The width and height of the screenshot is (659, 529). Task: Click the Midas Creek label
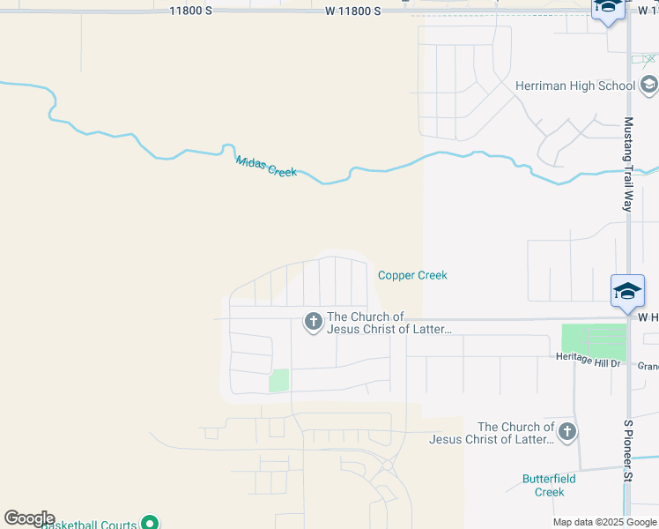pos(266,166)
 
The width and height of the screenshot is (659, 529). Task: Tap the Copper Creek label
pos(412,275)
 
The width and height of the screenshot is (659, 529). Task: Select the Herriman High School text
pos(574,86)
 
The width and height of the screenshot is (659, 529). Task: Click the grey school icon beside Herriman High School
pos(648,86)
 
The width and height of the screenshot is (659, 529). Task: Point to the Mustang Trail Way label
pos(628,164)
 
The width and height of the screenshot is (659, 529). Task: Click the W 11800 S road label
pos(352,11)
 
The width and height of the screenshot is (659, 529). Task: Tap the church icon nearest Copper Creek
pos(313,323)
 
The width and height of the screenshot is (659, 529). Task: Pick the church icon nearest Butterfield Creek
pos(567,432)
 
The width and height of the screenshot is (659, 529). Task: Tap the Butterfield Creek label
pos(549,485)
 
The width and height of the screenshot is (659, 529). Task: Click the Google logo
pos(28,518)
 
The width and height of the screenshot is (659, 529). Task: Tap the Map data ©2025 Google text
pos(604,522)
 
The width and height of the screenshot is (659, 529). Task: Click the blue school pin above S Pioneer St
pos(627,292)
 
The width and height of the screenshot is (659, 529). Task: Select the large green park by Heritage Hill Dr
pos(594,342)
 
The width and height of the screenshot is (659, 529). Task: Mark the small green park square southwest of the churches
pos(278,381)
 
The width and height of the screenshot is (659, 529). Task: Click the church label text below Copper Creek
pos(389,323)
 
